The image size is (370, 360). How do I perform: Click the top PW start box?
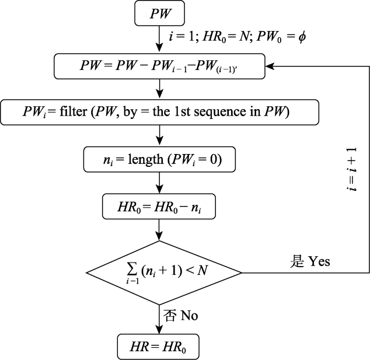160,14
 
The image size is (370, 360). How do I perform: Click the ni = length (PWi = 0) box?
160,159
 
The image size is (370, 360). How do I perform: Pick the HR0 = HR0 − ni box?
160,207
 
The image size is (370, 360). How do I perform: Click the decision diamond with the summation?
163,272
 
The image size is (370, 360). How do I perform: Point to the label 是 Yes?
310,261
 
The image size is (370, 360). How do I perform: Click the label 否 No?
181,316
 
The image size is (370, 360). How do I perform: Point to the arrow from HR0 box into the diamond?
160,229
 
